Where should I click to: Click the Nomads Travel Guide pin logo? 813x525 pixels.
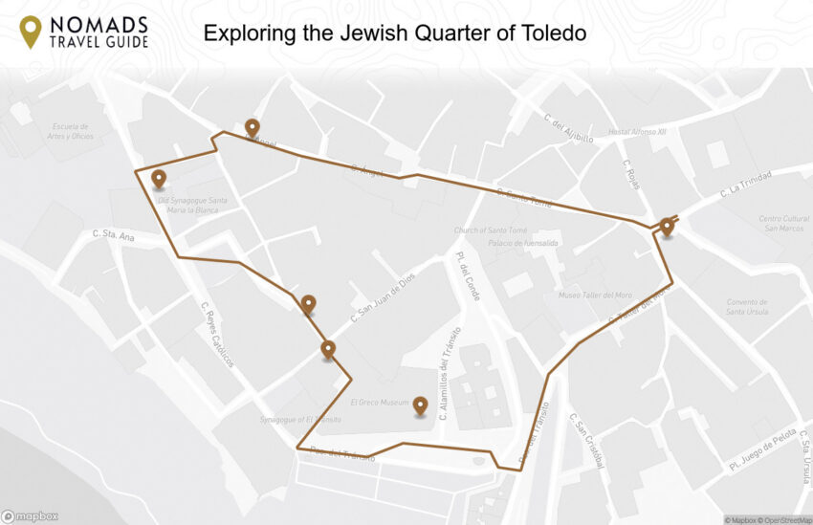31,32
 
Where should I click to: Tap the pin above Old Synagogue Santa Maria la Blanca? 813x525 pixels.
159,179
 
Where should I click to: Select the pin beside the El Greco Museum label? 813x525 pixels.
420,406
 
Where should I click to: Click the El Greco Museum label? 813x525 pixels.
379,402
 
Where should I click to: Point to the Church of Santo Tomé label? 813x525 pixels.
486,230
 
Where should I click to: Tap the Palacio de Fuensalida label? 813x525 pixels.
495,243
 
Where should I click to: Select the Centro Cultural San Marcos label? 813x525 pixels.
784,223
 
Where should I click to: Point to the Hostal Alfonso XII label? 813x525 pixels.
636,132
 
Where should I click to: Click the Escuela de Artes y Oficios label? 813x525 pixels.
72,131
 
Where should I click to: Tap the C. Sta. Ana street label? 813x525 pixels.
114,233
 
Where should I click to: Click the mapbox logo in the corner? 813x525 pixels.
31,516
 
